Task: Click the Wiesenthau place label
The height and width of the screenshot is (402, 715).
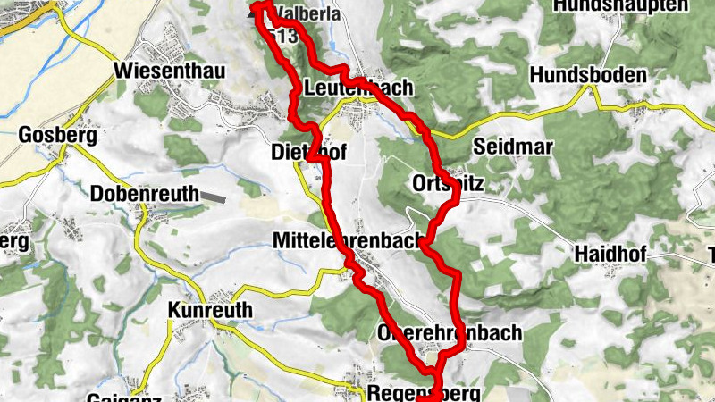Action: (170, 71)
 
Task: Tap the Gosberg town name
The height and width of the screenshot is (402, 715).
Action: (56, 136)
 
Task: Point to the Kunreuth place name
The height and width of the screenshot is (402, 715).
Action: (210, 310)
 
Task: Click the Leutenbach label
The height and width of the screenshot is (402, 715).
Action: (358, 88)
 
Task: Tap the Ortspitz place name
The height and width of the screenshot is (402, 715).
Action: (449, 183)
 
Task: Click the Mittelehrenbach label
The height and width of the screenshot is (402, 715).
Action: (348, 241)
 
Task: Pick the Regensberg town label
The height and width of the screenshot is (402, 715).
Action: (423, 393)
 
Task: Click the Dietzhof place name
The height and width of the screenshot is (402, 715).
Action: (307, 154)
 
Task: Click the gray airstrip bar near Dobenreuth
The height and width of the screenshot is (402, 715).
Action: (214, 194)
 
